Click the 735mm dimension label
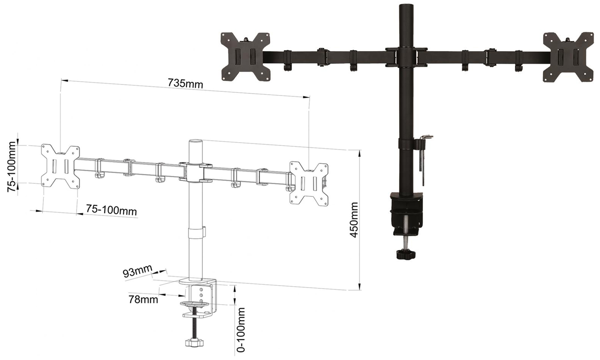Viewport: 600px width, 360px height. (x=186, y=83)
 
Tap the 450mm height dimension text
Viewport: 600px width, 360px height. (x=354, y=220)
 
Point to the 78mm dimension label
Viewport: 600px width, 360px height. (x=143, y=299)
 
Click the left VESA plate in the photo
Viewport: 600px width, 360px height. (x=245, y=56)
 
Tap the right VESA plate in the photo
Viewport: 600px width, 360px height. (x=568, y=57)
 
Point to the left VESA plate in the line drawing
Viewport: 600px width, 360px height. (x=60, y=166)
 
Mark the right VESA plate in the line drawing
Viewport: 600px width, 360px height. (x=309, y=184)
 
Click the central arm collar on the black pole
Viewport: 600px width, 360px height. (x=406, y=57)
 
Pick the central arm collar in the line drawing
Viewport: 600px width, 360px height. (x=196, y=172)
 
